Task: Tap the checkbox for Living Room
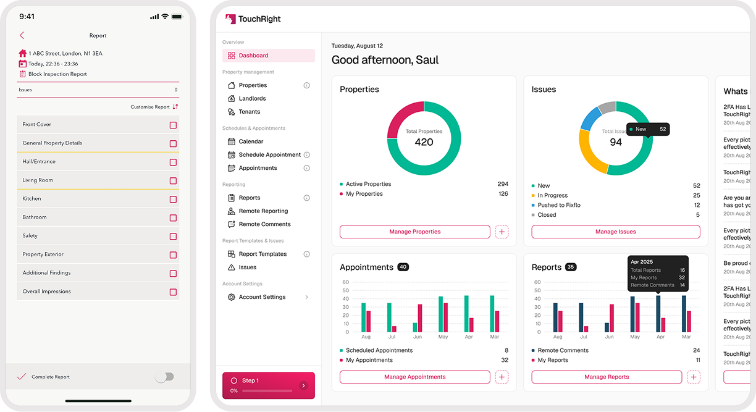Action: pos(173,181)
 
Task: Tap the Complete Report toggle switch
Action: pos(164,377)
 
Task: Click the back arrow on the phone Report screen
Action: pos(22,36)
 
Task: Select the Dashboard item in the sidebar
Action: pos(253,56)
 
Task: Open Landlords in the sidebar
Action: pos(252,98)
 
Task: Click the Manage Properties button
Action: pos(414,232)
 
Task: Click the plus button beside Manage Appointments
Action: pos(502,377)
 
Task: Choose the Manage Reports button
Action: pos(607,377)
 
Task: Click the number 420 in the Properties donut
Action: pos(424,142)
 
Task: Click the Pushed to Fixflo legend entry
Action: pos(558,205)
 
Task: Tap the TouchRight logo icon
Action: pos(230,19)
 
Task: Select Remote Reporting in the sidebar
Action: pos(263,211)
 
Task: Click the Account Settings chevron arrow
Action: pos(307,297)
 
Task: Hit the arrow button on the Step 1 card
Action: pos(303,385)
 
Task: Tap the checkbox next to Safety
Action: pos(173,237)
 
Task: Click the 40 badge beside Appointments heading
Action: pos(403,267)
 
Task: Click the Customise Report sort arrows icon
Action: pos(175,107)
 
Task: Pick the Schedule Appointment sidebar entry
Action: pos(269,155)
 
